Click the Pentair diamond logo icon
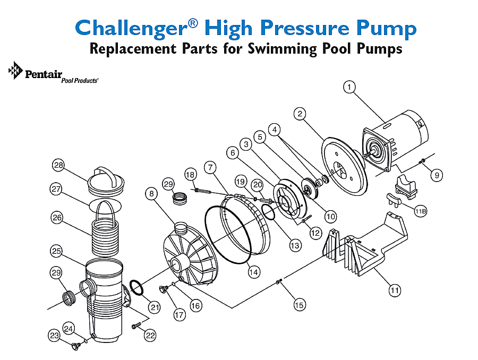(15, 70)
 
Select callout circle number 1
(349, 87)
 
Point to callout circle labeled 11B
(421, 211)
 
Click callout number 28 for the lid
(58, 165)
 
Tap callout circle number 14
(254, 272)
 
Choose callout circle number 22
(150, 335)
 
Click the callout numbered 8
(151, 194)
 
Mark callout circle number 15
(300, 305)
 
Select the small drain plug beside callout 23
(75, 346)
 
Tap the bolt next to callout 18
(202, 191)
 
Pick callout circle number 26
(57, 218)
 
